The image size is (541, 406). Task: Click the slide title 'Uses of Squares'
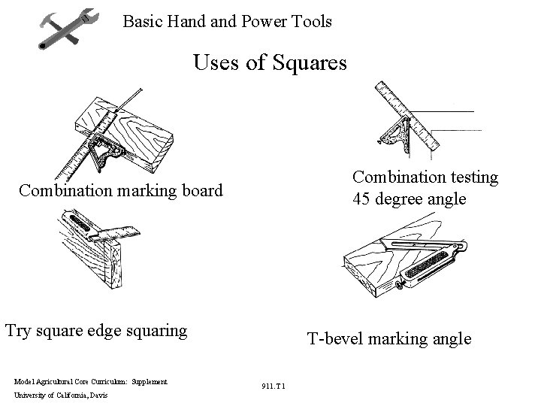tap(270, 62)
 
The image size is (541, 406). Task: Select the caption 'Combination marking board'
tap(121, 190)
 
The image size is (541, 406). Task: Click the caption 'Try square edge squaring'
tap(96, 329)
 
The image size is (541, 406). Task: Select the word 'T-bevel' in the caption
tap(334, 339)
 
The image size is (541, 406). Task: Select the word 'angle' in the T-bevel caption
tap(449, 339)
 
